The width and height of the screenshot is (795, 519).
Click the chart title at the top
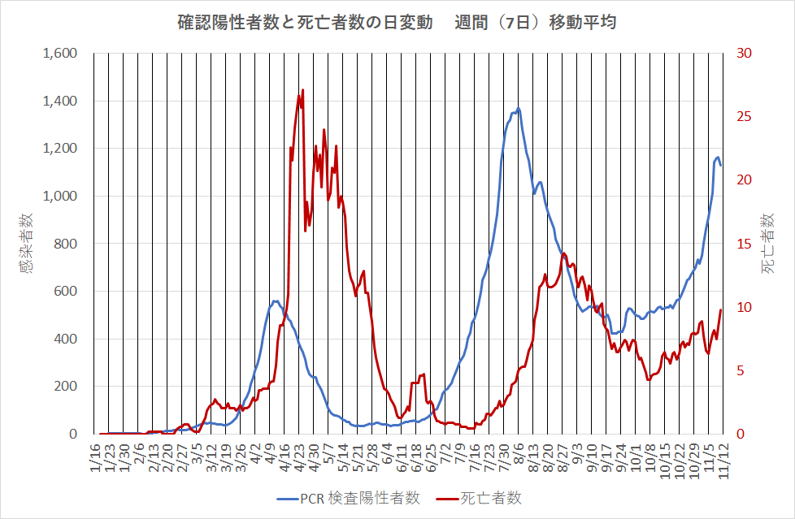[x=397, y=23]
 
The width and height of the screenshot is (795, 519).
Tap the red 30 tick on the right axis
[x=745, y=54]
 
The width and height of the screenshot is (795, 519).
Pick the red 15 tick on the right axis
[x=745, y=244]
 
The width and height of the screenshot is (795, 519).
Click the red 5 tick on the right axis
[x=741, y=371]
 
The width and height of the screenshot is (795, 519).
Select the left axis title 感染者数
[x=28, y=243]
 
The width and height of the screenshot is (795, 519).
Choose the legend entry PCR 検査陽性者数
[x=350, y=498]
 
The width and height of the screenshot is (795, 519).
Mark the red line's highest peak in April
[x=302, y=90]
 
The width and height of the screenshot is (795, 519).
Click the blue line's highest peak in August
[x=518, y=108]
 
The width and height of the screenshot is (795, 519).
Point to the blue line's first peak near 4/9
[x=275, y=301]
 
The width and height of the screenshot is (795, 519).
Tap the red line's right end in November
[x=720, y=310]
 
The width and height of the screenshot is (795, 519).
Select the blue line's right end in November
[x=721, y=165]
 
